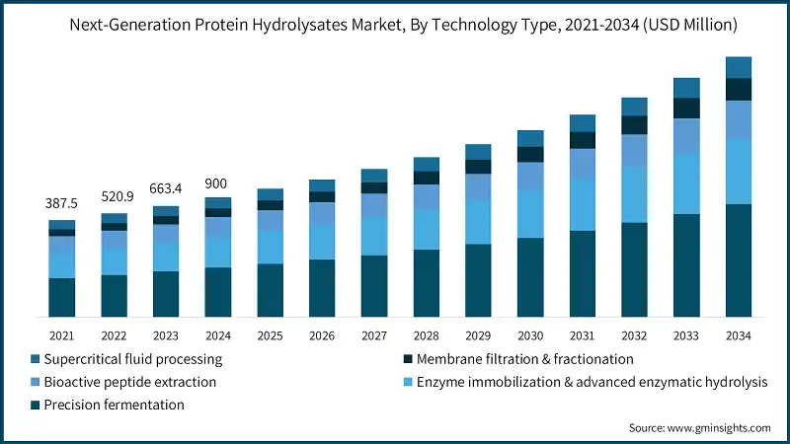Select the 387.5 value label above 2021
[x=62, y=202]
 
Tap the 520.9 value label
[x=114, y=195]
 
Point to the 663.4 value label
[x=166, y=188]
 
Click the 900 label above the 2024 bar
[x=217, y=184]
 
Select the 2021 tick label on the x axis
[x=62, y=335]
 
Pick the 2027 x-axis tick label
[x=372, y=335]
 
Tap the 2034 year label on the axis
[x=738, y=335]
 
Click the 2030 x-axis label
[x=530, y=335]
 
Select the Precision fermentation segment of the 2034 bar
[x=739, y=260]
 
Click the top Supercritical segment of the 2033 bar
[x=686, y=88]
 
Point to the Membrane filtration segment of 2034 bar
[x=739, y=89]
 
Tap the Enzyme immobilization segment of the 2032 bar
[x=634, y=194]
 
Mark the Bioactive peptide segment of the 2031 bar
[x=583, y=164]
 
